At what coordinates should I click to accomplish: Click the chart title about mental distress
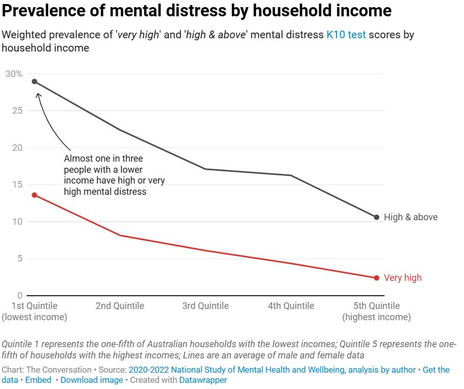point(197,11)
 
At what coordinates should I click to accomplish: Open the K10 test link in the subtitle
point(346,35)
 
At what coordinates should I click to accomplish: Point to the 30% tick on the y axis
point(14,74)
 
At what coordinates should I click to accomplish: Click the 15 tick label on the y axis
point(18,185)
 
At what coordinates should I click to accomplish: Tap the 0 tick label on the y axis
point(20,296)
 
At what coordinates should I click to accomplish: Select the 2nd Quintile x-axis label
point(120,306)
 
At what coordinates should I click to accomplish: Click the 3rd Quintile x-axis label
point(205,306)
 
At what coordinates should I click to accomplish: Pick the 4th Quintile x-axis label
point(291,306)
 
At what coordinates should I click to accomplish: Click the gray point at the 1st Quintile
point(35,82)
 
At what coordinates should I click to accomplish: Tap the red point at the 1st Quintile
point(35,195)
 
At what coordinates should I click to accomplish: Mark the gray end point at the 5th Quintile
point(377,217)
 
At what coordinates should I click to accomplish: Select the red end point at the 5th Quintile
point(377,278)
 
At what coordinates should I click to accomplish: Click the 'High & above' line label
point(410,217)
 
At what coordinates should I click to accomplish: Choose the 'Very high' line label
point(402,278)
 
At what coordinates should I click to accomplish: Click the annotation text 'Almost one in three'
point(103,159)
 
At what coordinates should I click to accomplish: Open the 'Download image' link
point(92,380)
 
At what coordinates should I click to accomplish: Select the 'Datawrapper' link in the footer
point(203,380)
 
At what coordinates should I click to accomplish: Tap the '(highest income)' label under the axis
point(377,317)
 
